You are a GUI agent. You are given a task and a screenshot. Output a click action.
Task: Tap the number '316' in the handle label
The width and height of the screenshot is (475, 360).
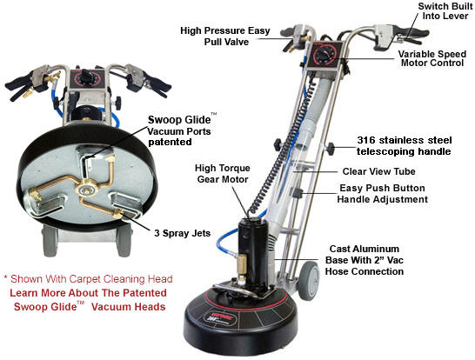(370, 138)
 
